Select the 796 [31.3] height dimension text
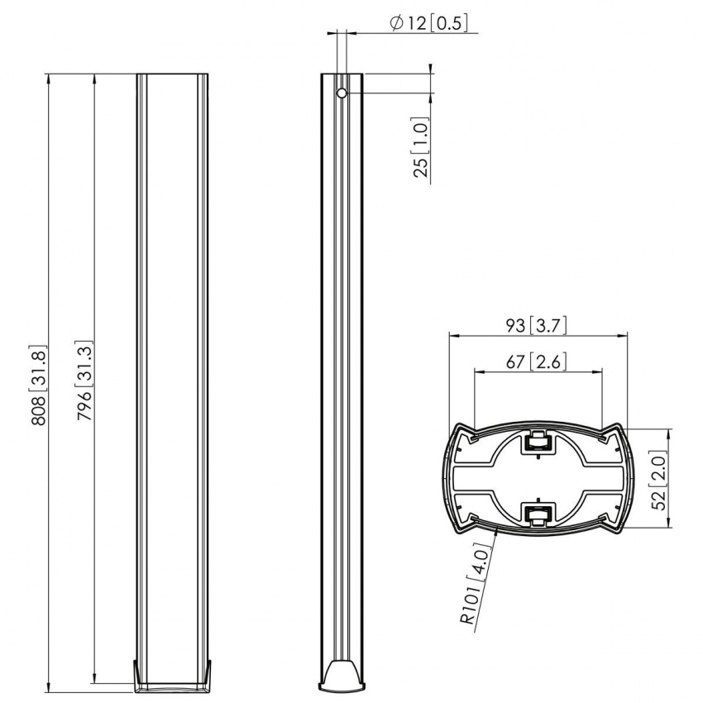pyautogui.click(x=84, y=381)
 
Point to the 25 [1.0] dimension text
pyautogui.click(x=422, y=149)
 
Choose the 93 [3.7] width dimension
pyautogui.click(x=536, y=325)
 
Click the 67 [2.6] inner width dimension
pyautogui.click(x=536, y=361)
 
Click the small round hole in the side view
pyautogui.click(x=341, y=93)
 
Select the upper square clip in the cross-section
pyautogui.click(x=538, y=444)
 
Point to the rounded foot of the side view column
pyautogui.click(x=341, y=673)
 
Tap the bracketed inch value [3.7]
pyautogui.click(x=548, y=325)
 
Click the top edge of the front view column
pyautogui.click(x=172, y=74)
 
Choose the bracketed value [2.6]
pyautogui.click(x=548, y=361)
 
